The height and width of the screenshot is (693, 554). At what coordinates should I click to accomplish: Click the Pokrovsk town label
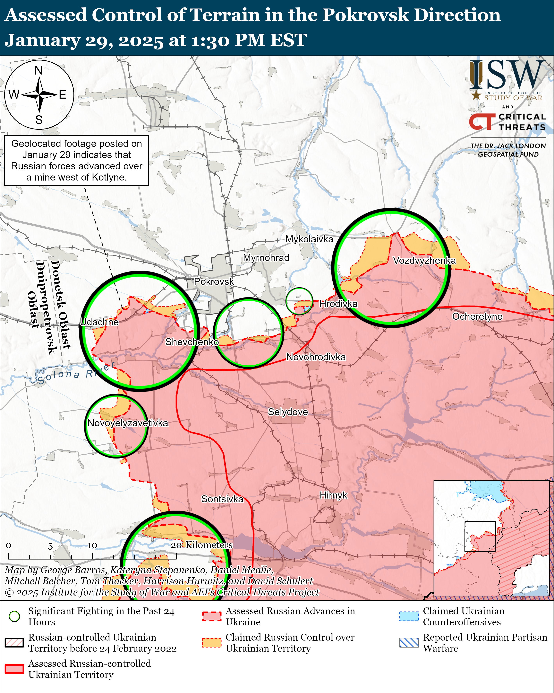tap(214, 282)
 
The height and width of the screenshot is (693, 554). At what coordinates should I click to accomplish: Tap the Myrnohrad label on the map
tap(266, 258)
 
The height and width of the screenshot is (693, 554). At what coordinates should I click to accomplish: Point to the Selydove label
tap(288, 412)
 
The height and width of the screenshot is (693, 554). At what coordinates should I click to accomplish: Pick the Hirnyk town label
tap(333, 495)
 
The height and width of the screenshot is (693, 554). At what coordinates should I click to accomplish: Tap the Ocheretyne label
tap(477, 317)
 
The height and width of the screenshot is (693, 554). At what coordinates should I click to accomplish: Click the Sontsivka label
tap(222, 499)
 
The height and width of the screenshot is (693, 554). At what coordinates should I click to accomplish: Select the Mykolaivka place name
tap(309, 239)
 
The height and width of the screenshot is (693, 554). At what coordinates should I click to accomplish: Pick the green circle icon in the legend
tap(14, 616)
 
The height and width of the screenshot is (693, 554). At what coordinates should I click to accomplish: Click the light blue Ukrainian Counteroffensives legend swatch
tap(409, 616)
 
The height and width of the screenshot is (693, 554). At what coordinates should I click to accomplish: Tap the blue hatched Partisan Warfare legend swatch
tap(409, 643)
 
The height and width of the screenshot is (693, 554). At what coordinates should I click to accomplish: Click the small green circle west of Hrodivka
tap(299, 301)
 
